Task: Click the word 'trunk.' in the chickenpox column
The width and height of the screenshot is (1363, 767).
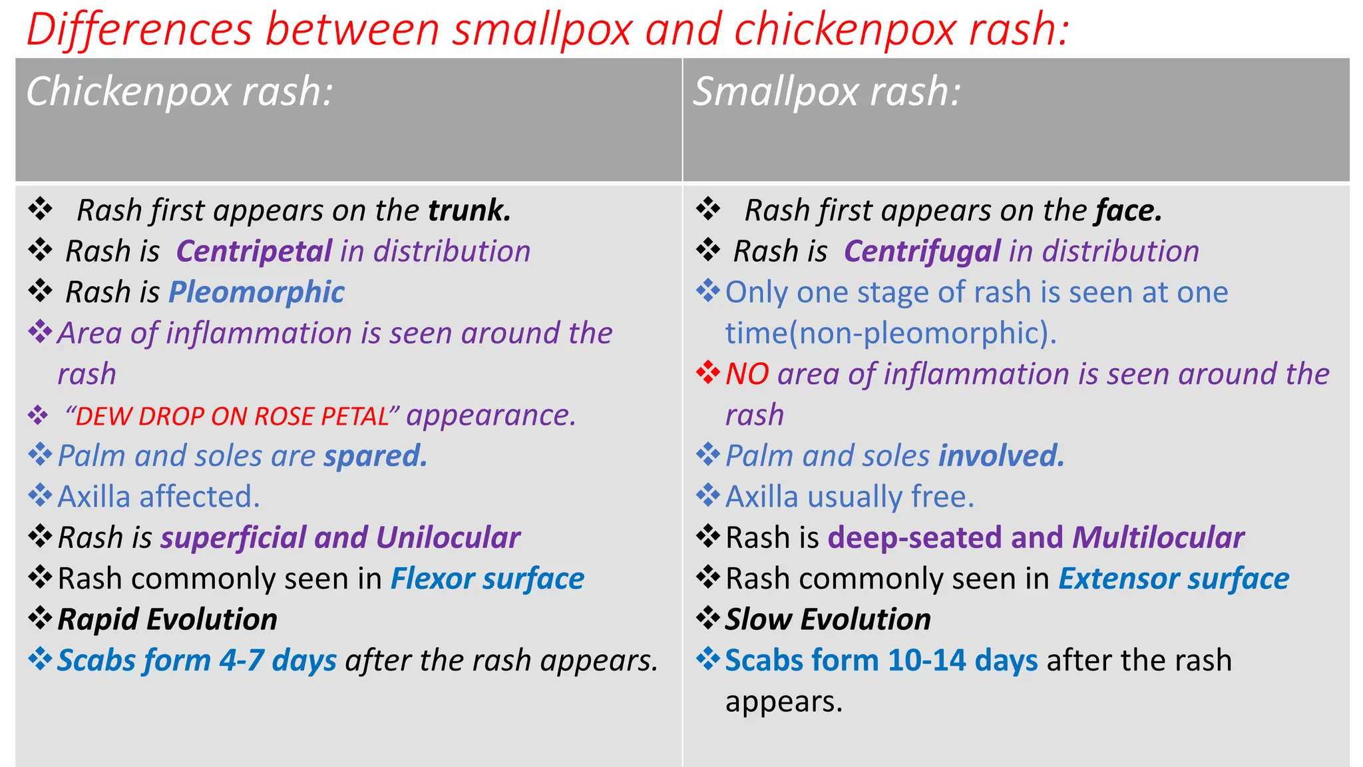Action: [x=469, y=210]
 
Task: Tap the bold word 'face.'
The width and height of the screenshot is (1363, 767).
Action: [x=1129, y=210]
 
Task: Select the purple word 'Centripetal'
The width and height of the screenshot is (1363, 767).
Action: [x=254, y=252]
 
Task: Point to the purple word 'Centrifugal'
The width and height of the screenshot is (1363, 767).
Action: [x=922, y=252]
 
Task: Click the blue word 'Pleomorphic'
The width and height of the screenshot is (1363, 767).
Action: [x=256, y=292]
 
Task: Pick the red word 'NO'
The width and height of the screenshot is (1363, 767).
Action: [x=747, y=374]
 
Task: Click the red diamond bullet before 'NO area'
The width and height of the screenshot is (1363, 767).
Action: [x=708, y=373]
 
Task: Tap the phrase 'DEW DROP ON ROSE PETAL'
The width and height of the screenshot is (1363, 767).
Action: [x=232, y=417]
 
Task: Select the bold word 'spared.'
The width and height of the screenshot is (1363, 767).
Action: [x=375, y=456]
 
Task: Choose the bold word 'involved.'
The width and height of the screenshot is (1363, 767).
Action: [x=1001, y=456]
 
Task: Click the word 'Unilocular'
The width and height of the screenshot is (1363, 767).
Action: [x=448, y=538]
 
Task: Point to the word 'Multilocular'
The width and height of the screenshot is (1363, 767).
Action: [x=1158, y=538]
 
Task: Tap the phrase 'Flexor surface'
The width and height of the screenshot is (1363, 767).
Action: [x=487, y=579]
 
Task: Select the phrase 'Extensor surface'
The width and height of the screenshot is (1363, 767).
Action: [x=1173, y=579]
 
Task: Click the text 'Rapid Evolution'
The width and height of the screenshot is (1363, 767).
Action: [x=167, y=620]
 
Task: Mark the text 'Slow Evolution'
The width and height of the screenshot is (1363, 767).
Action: [x=827, y=620]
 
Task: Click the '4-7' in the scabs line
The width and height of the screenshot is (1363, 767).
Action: [x=242, y=660]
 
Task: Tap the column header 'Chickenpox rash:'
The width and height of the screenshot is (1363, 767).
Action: [x=179, y=91]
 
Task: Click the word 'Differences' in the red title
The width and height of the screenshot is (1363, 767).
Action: [x=139, y=30]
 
